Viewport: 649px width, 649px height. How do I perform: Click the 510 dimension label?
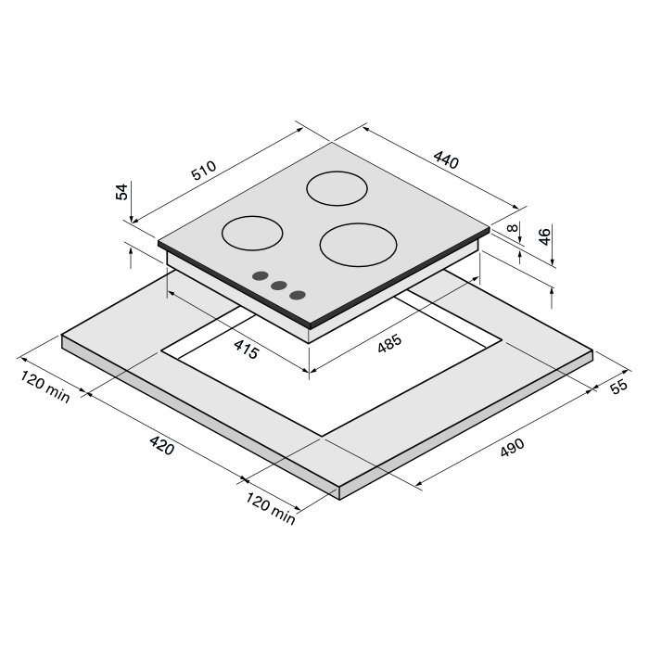204,170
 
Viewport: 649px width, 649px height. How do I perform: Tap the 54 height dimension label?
122,192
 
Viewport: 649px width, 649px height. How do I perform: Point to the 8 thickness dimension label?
513,228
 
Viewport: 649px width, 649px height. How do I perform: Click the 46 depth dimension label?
545,236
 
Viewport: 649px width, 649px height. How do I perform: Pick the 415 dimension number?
247,349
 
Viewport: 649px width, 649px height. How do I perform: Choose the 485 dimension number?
389,343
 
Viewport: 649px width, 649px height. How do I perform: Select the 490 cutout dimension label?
513,448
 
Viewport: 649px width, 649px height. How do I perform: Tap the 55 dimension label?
619,387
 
